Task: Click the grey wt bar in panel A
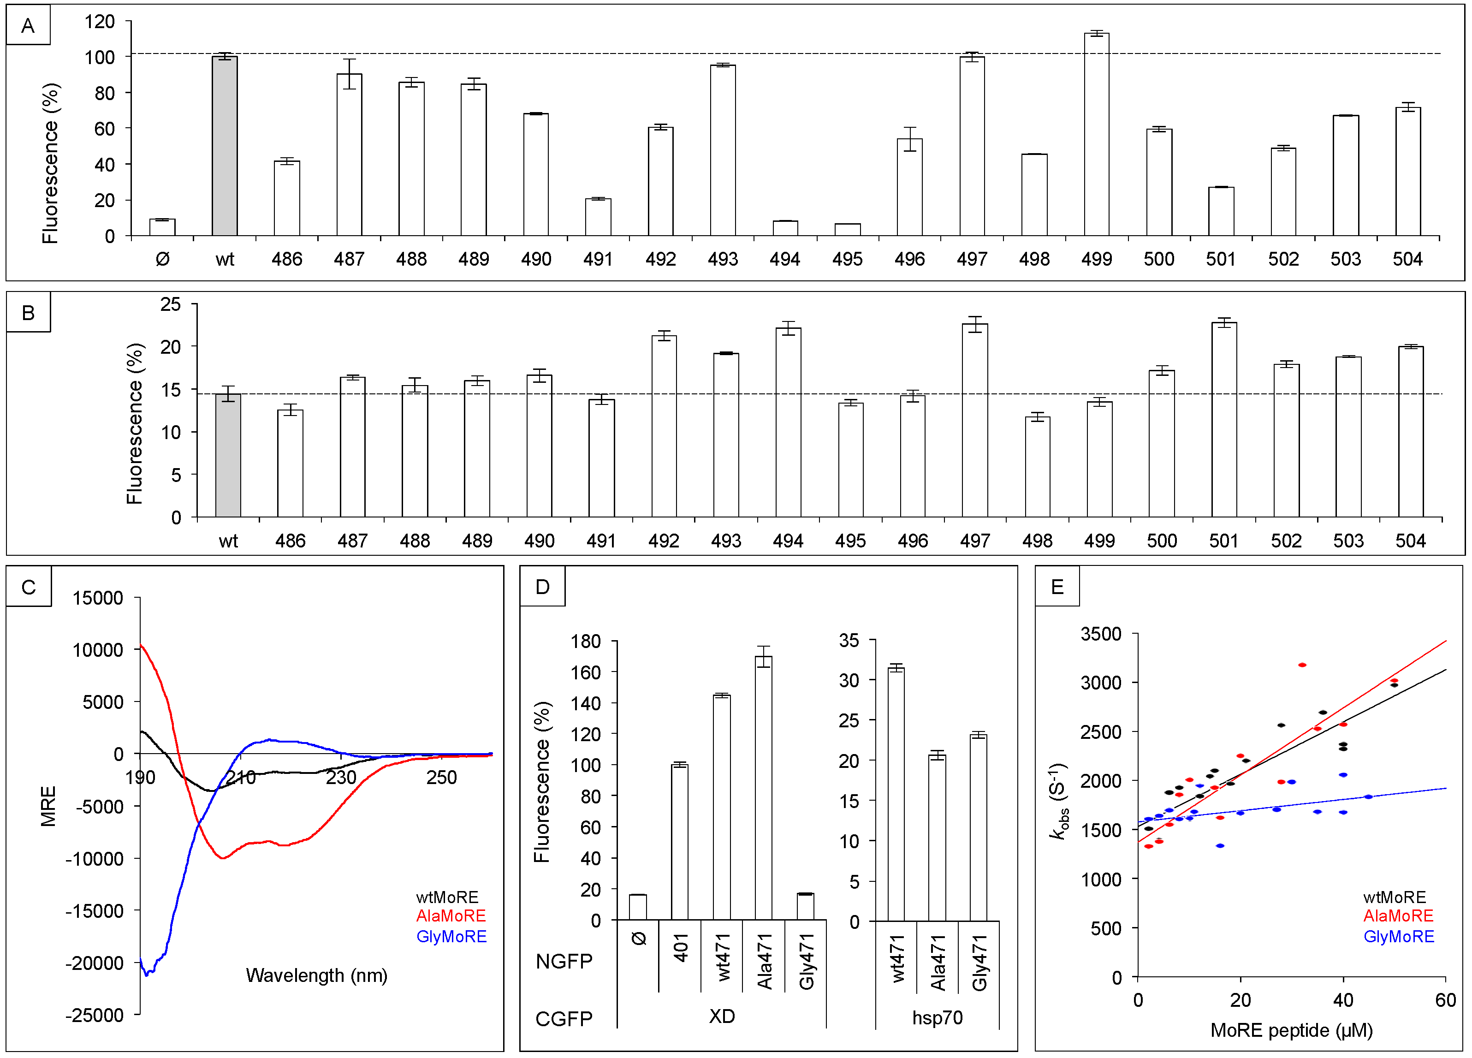pyautogui.click(x=225, y=146)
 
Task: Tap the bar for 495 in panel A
pyautogui.click(x=847, y=230)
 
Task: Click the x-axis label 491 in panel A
pyautogui.click(x=598, y=260)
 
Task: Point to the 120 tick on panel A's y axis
pyautogui.click(x=99, y=22)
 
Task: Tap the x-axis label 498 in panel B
pyautogui.click(x=1037, y=541)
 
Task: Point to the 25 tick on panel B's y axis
pyautogui.click(x=171, y=304)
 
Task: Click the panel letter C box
pyautogui.click(x=29, y=587)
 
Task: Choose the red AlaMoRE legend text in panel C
pyautogui.click(x=451, y=916)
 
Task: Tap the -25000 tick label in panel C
pyautogui.click(x=94, y=1015)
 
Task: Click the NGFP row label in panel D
pyautogui.click(x=564, y=961)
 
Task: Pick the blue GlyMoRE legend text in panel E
pyautogui.click(x=1398, y=937)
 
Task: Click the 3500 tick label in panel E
pyautogui.click(x=1100, y=634)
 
